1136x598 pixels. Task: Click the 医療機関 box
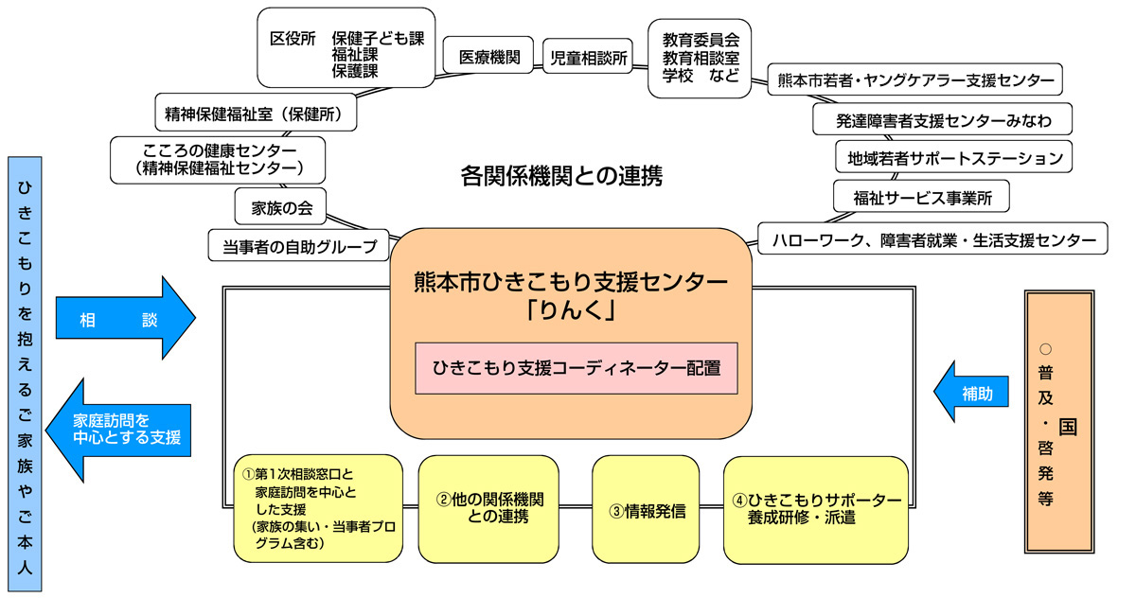click(489, 57)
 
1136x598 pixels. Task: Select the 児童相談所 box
click(590, 57)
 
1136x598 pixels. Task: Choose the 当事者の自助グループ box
click(299, 245)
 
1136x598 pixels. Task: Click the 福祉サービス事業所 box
click(920, 198)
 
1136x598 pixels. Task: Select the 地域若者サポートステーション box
click(954, 157)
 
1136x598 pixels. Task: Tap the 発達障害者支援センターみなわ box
click(943, 120)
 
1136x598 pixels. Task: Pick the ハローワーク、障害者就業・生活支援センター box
click(932, 239)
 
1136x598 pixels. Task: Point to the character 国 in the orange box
click(1067, 426)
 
